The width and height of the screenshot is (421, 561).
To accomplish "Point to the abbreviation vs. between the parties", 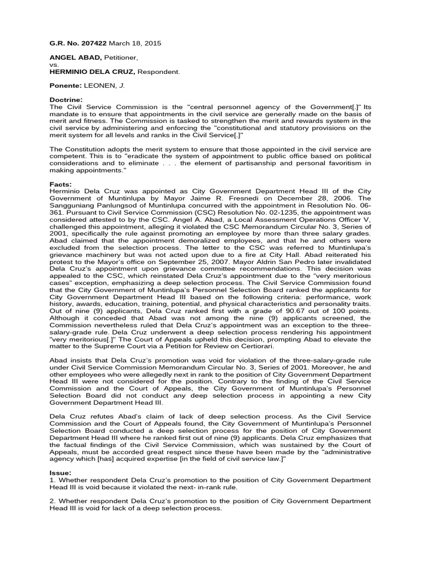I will [54, 64].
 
